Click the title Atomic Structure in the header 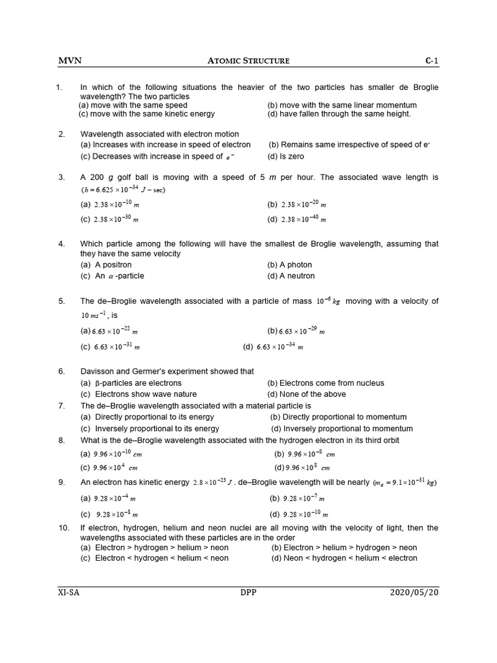point(248,61)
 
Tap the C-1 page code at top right point(432,61)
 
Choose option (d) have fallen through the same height point(338,114)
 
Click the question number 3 point(61,177)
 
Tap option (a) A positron point(106,265)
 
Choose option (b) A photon point(289,265)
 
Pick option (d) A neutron point(291,276)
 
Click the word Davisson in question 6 point(98,372)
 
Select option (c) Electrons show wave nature point(138,394)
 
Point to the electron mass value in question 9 point(406,483)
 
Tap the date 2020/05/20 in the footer point(414,592)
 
